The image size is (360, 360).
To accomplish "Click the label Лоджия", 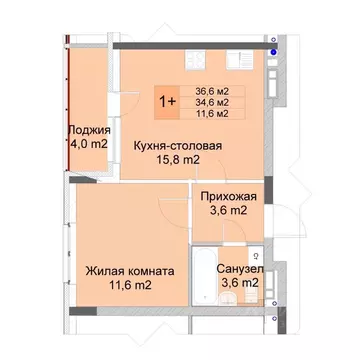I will [90, 130].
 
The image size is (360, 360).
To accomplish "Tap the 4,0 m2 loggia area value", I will [90, 145].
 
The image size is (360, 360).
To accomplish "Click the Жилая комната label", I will [131, 270].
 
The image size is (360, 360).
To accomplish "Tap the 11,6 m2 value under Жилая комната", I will [131, 286].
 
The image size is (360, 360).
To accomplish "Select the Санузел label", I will [240, 269].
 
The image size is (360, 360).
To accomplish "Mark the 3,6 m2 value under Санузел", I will [240, 284].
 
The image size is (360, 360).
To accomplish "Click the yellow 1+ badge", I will [167, 101].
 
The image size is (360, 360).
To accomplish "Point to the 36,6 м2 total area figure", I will [210, 88].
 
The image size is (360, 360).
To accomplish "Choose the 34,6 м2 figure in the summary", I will [210, 101].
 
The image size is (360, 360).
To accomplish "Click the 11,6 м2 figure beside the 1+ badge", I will [210, 114].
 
